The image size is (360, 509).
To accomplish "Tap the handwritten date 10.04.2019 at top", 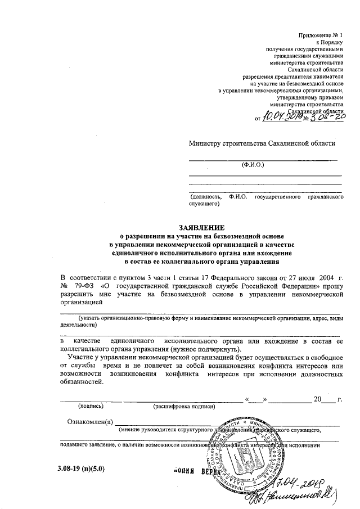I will click(280, 116).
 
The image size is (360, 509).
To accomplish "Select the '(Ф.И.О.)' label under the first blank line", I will click(253, 165).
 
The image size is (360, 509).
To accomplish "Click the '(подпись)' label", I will click(91, 406).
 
